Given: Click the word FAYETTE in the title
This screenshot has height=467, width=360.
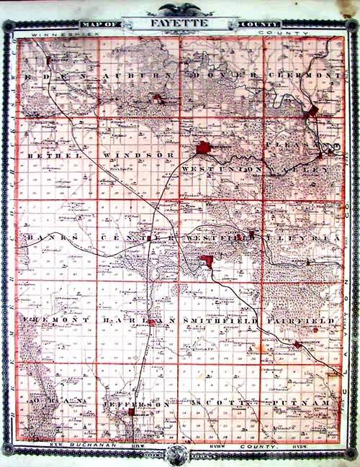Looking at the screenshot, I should (179, 23).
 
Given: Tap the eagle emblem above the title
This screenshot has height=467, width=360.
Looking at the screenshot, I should (179, 9).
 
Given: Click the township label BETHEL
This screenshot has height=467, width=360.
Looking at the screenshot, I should (50, 155).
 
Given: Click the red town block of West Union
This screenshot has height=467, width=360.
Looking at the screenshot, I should (204, 149).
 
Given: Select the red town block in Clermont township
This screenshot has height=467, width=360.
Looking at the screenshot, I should (312, 112).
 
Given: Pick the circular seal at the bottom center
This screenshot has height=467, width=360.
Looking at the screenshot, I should (177, 455).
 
